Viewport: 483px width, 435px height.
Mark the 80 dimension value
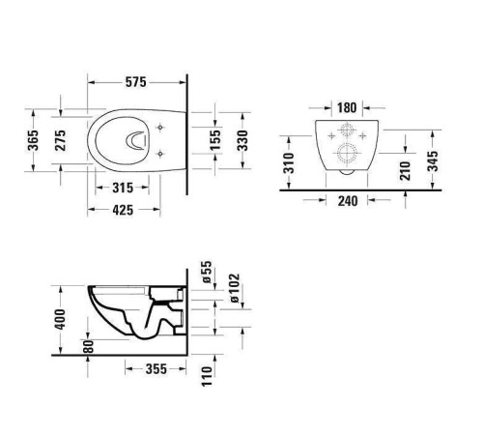[x=88, y=344]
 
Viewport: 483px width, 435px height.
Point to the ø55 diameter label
[x=206, y=272]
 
